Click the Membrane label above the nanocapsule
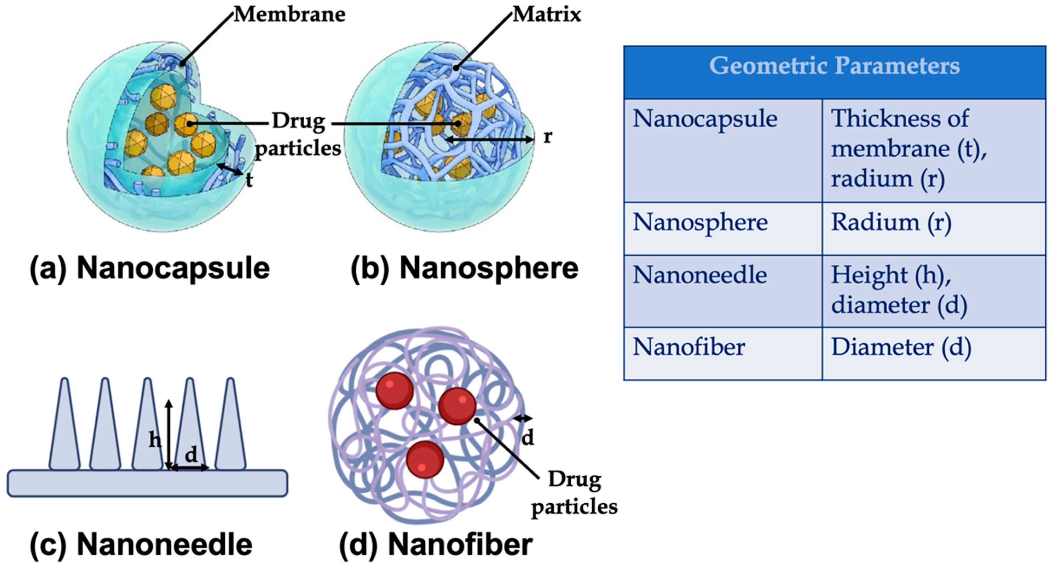(290, 15)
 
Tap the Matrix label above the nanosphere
(546, 15)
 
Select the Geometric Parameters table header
(834, 66)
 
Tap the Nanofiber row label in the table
(689, 347)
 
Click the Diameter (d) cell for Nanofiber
(901, 347)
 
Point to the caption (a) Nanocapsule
(150, 268)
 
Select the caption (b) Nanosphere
(464, 268)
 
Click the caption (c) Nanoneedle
(141, 545)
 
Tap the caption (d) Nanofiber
(436, 545)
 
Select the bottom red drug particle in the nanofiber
(425, 459)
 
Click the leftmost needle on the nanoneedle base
(65, 425)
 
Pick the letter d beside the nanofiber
(528, 438)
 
